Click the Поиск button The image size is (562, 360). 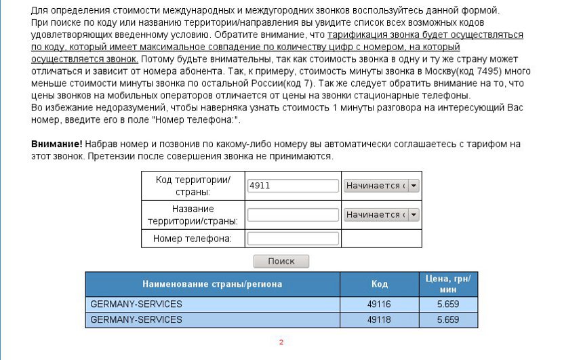click(x=281, y=261)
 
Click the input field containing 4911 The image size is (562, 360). click(x=293, y=186)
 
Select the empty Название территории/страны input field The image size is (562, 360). click(x=293, y=215)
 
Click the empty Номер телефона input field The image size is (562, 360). click(x=293, y=239)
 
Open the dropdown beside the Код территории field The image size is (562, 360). click(x=381, y=186)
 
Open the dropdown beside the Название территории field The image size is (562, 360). click(x=381, y=215)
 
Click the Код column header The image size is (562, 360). click(x=379, y=284)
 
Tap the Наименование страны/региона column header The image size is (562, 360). click(x=212, y=284)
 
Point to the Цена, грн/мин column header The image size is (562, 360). click(x=448, y=284)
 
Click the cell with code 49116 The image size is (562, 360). click(x=379, y=304)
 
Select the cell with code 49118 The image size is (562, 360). click(x=379, y=319)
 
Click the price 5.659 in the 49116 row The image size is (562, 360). click(x=448, y=304)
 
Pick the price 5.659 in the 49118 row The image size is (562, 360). click(x=448, y=319)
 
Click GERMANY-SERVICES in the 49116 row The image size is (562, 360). click(x=136, y=304)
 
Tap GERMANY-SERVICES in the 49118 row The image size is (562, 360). click(x=136, y=319)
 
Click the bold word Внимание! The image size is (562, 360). click(x=57, y=144)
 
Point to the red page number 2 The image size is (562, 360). click(x=281, y=342)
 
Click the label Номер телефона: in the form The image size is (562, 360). click(x=193, y=239)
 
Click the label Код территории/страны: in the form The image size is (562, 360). click(x=193, y=186)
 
